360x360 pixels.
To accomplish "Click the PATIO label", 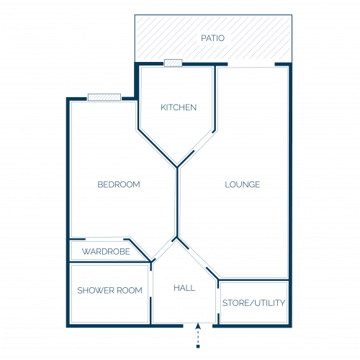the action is pyautogui.click(x=212, y=38).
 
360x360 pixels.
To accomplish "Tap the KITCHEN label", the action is pyautogui.click(x=179, y=107).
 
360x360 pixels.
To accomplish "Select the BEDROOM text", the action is pyautogui.click(x=119, y=184).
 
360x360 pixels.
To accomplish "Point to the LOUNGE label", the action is pyautogui.click(x=243, y=184).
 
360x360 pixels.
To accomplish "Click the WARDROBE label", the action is pyautogui.click(x=106, y=251).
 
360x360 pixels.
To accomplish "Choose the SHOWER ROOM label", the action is pyautogui.click(x=109, y=290).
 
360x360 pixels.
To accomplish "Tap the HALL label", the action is pyautogui.click(x=184, y=288).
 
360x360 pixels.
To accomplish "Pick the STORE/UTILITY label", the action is pyautogui.click(x=253, y=303).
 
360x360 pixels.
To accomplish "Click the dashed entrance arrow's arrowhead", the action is pyautogui.click(x=198, y=325).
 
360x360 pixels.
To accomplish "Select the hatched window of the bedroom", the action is pyautogui.click(x=104, y=97).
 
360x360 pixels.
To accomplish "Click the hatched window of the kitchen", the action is pyautogui.click(x=174, y=63).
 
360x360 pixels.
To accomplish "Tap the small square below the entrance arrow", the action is pyautogui.click(x=198, y=346).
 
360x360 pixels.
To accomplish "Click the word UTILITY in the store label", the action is pyautogui.click(x=270, y=303).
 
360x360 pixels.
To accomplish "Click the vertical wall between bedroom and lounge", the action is pyautogui.click(x=177, y=202).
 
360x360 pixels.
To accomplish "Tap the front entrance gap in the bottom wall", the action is pyautogui.click(x=198, y=325).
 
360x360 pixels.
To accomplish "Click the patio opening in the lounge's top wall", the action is pyautogui.click(x=251, y=64).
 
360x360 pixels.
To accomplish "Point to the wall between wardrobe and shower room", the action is pyautogui.click(x=110, y=262).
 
